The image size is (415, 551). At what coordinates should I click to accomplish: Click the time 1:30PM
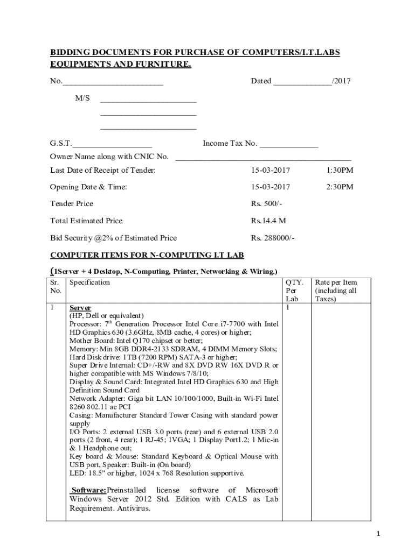(340, 170)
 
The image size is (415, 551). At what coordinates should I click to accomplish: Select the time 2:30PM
(340, 187)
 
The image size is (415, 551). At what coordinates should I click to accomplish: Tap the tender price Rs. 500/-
(266, 203)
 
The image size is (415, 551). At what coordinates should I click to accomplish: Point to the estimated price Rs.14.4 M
(268, 221)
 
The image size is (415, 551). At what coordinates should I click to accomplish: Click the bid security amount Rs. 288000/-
(272, 238)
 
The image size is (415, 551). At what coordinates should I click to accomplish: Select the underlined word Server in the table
(80, 308)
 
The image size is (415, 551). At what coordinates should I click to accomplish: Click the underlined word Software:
(89, 490)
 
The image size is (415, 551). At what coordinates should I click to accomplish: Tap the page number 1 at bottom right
(379, 534)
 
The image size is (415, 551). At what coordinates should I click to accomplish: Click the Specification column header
(89, 282)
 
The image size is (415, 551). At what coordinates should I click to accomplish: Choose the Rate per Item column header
(336, 291)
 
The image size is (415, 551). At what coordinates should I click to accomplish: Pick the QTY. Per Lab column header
(294, 291)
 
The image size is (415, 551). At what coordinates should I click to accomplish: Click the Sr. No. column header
(56, 286)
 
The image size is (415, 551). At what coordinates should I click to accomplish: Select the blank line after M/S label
(148, 101)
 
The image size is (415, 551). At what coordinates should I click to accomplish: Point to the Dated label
(261, 81)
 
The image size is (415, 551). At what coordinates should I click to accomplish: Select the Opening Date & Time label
(88, 187)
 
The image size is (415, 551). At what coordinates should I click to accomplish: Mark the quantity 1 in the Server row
(288, 307)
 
